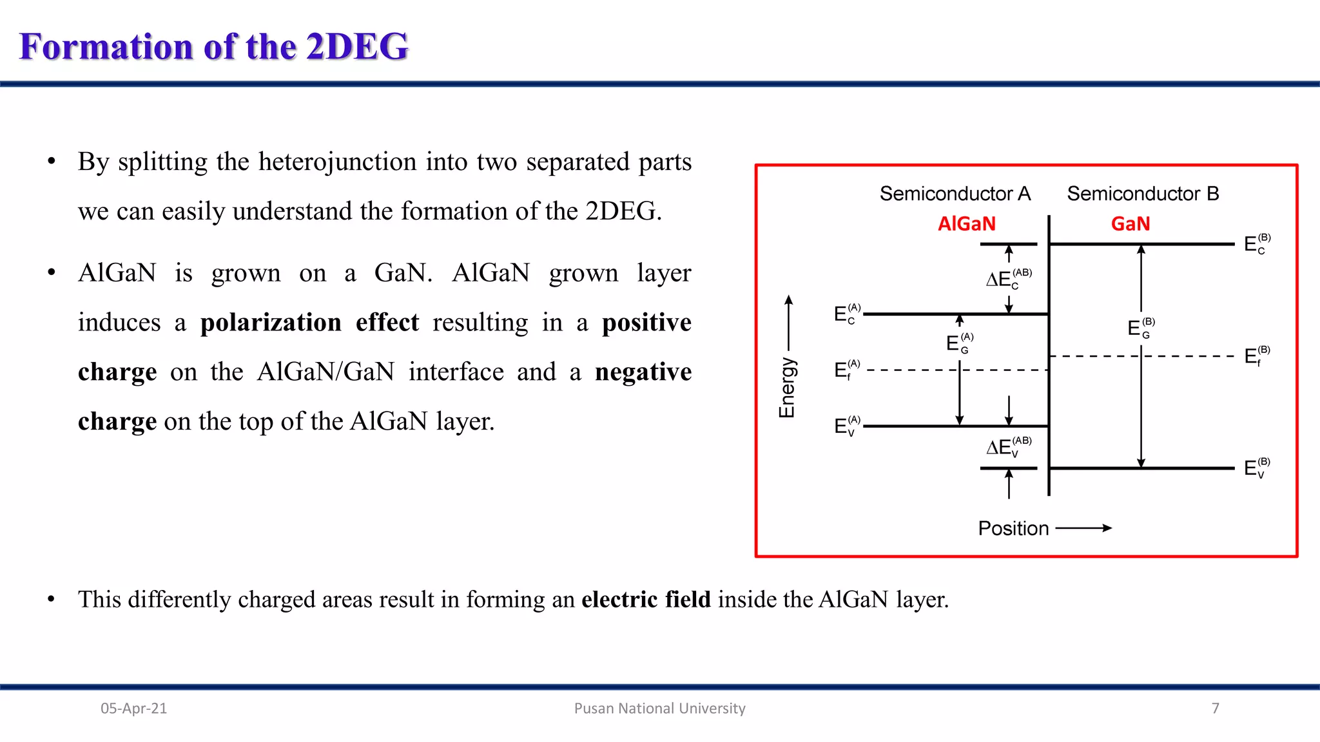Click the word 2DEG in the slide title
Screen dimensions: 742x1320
(356, 46)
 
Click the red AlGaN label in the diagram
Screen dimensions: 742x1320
(966, 224)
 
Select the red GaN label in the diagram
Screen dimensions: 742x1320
(1130, 224)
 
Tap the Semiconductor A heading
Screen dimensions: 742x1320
(955, 193)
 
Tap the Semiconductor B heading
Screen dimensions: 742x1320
(1143, 193)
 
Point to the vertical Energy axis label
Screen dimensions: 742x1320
(787, 388)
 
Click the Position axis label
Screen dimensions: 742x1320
(1013, 528)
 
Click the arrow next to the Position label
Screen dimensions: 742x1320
(1084, 528)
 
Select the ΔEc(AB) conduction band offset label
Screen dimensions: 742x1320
(1007, 279)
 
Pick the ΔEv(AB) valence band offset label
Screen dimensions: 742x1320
(1007, 447)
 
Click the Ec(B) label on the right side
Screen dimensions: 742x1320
(1256, 244)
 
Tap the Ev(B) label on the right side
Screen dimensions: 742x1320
(1256, 468)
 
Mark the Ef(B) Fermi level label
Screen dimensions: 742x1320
(1256, 356)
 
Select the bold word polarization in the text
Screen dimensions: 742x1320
(271, 322)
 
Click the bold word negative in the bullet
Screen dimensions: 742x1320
(643, 372)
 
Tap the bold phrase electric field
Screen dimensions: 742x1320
(646, 599)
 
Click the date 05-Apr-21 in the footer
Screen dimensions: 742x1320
(133, 709)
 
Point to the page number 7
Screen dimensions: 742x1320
(1215, 709)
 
